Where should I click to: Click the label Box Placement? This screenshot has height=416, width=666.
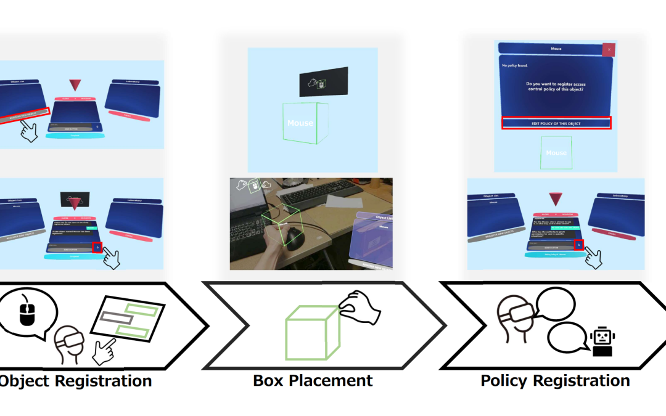click(313, 381)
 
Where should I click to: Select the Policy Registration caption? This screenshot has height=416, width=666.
click(555, 381)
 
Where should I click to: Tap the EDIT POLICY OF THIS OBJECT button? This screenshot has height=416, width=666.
click(556, 123)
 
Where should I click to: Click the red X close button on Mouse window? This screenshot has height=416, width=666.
click(608, 49)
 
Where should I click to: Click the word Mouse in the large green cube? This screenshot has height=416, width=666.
click(300, 123)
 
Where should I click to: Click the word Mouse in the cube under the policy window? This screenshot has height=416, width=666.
click(556, 153)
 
